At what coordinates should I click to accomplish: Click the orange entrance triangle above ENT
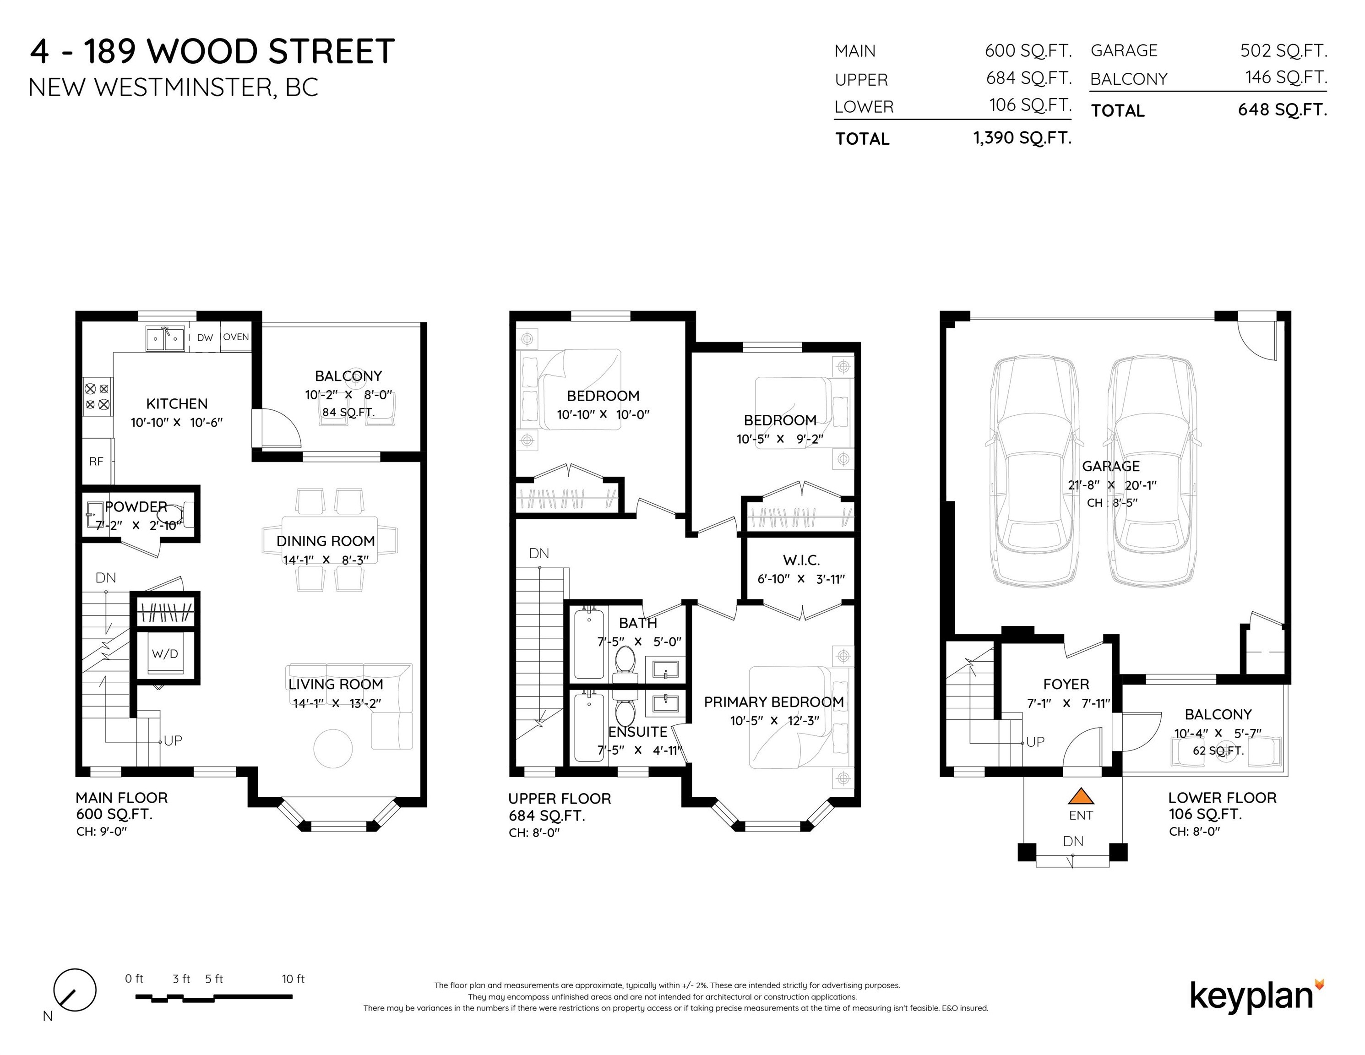pyautogui.click(x=1081, y=796)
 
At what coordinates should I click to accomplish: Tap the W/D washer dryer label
pyautogui.click(x=165, y=654)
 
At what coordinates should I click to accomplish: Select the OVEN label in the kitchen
pyautogui.click(x=236, y=337)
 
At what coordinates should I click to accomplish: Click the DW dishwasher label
pyautogui.click(x=205, y=337)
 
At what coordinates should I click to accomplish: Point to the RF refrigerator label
pyautogui.click(x=96, y=461)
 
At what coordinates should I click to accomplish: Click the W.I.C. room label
pyautogui.click(x=801, y=560)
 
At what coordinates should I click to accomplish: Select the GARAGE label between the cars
pyautogui.click(x=1110, y=466)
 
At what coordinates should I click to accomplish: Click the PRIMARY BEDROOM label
pyautogui.click(x=774, y=702)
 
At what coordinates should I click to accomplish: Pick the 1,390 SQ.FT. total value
pyautogui.click(x=1022, y=137)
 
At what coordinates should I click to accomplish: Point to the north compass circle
pyautogui.click(x=75, y=990)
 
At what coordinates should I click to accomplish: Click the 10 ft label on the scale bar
pyautogui.click(x=293, y=979)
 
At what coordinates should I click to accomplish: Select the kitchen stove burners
pyautogui.click(x=97, y=396)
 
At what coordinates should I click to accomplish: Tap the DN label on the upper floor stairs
pyautogui.click(x=539, y=553)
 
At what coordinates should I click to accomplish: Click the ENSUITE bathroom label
pyautogui.click(x=637, y=731)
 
